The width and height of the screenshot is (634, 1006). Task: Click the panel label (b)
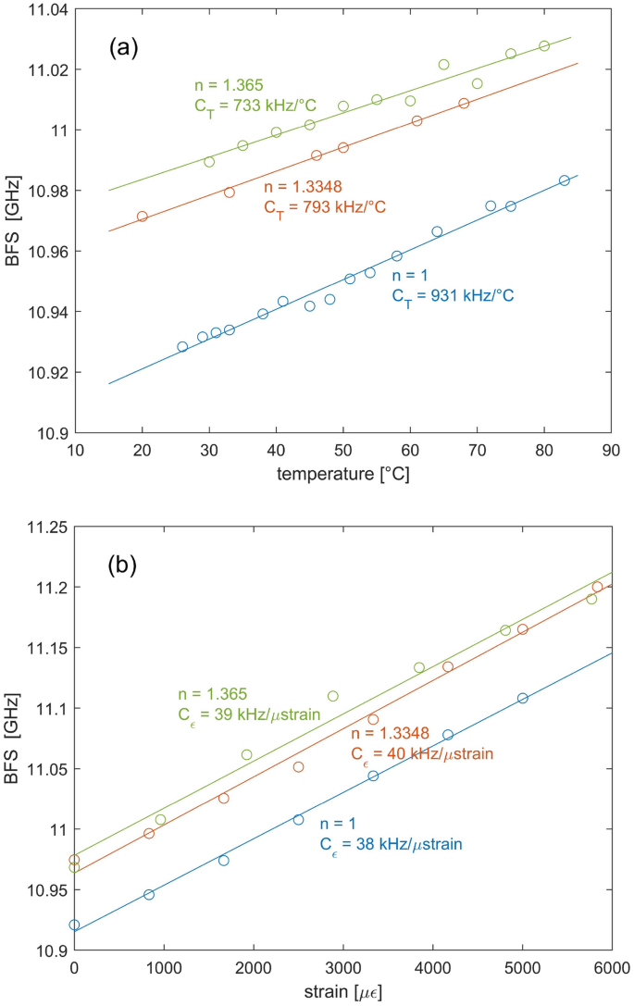[124, 564]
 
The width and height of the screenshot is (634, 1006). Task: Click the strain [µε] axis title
[342, 991]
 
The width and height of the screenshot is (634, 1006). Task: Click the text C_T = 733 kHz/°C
[255, 106]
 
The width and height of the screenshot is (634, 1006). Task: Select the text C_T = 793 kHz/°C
[325, 206]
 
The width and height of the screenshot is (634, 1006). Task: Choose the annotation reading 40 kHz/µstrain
[421, 753]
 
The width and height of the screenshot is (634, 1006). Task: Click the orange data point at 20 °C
[143, 217]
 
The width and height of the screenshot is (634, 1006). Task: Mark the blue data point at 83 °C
[564, 180]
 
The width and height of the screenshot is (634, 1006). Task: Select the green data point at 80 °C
[544, 46]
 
